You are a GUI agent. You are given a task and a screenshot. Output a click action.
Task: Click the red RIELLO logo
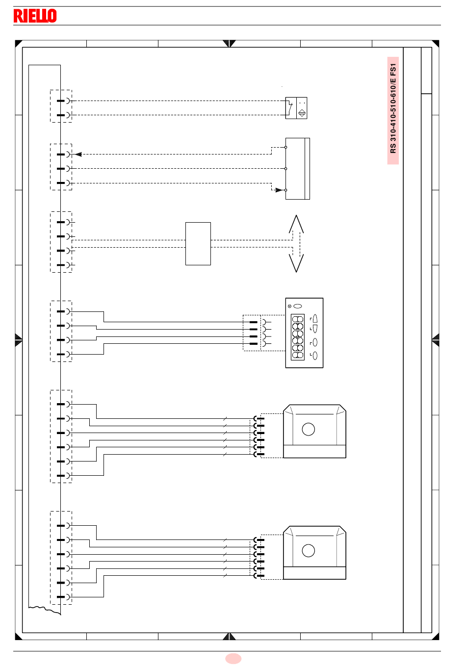tap(35, 16)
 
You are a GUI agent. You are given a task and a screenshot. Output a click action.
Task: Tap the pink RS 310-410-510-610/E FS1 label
tap(393, 110)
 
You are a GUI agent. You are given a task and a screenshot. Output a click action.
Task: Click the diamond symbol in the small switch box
tap(302, 113)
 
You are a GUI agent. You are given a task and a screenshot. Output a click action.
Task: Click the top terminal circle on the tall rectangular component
tap(285, 148)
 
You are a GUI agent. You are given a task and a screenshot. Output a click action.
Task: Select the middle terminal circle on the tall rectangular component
tap(285, 169)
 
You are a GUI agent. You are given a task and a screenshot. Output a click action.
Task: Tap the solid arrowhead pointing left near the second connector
tap(78, 154)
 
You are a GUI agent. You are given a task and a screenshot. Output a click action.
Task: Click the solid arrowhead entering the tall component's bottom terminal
tap(279, 190)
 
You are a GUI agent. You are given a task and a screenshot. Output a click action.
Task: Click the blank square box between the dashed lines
tap(198, 244)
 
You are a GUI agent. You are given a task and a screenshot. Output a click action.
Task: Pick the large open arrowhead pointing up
tap(296, 224)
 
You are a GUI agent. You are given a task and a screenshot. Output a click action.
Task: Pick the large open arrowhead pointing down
tap(296, 263)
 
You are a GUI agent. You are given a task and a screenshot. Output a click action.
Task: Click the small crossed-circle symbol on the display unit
tap(289, 306)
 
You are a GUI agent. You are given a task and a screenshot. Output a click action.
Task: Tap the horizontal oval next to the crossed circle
tap(297, 306)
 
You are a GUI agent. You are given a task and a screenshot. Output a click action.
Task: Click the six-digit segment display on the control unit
tap(297, 337)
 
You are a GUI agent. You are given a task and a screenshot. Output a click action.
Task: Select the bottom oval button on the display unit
tap(315, 356)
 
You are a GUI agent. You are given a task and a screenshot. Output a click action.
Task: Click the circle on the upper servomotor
tap(308, 430)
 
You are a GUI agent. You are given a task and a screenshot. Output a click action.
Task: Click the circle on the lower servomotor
tap(308, 551)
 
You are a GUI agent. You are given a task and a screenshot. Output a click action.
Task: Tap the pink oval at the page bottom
tap(233, 659)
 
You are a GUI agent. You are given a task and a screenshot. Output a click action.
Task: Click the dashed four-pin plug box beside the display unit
tap(252, 333)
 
